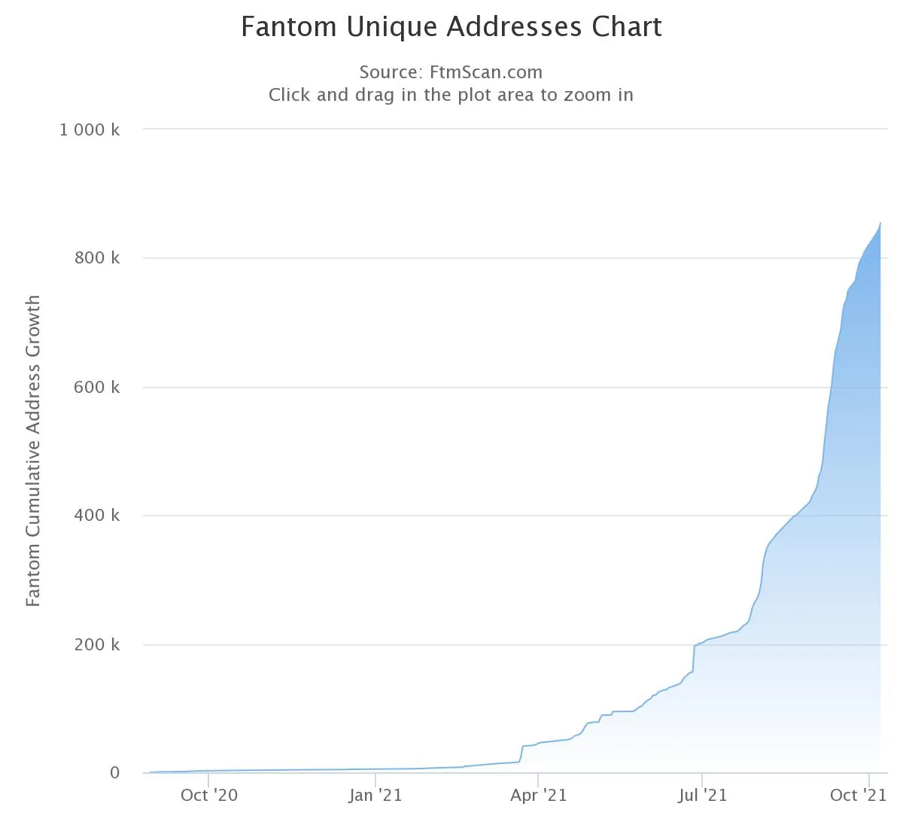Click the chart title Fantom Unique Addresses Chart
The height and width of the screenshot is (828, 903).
(451, 27)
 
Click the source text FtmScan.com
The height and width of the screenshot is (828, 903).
(485, 72)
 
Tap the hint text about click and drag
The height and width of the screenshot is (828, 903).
(451, 95)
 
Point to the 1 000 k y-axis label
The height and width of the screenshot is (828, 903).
(90, 129)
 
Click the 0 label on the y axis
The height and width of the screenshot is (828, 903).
(114, 773)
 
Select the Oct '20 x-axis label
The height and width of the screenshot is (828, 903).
(208, 795)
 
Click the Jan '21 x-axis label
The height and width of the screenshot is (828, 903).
(375, 795)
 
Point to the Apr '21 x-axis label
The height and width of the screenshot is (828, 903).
(538, 795)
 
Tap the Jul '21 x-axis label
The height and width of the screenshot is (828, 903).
(702, 795)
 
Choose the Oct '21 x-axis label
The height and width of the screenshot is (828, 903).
(859, 795)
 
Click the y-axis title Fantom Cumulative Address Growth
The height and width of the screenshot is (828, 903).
(33, 451)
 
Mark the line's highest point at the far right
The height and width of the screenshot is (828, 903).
(880, 223)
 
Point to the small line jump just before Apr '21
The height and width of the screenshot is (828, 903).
(521, 753)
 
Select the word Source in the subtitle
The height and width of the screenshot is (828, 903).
(389, 72)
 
